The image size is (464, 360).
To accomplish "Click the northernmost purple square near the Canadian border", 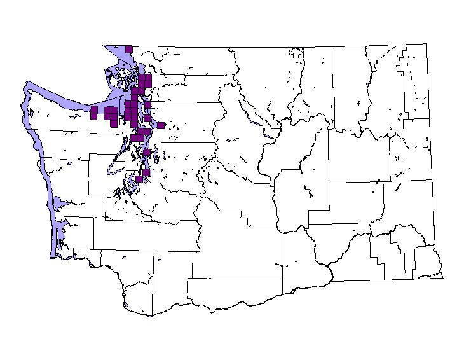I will [x=129, y=49].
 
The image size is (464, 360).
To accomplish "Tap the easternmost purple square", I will [x=161, y=125].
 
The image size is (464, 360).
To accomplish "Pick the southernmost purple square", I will [x=139, y=179].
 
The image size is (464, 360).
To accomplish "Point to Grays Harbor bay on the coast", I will [x=58, y=204].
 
